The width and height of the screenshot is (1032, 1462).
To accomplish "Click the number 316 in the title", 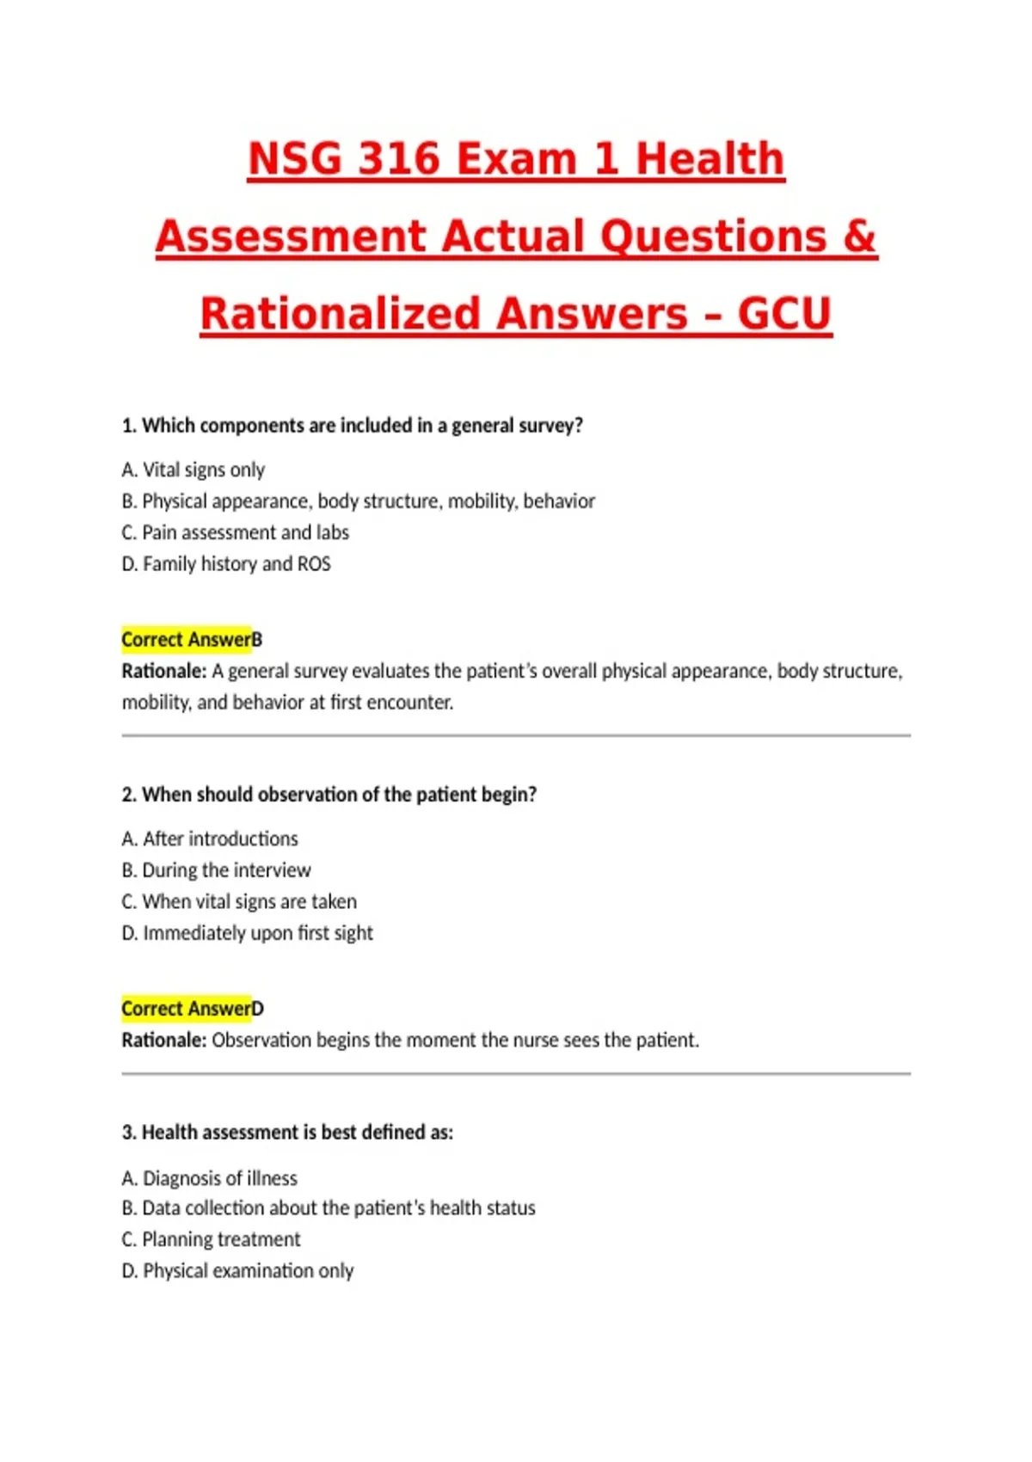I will pyautogui.click(x=398, y=159).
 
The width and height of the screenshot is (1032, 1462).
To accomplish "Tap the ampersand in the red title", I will pyautogui.click(x=859, y=236).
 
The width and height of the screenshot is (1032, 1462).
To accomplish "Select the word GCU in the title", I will pyautogui.click(x=784, y=314).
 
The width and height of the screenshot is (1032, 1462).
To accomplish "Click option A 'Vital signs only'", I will pyautogui.click(x=193, y=470).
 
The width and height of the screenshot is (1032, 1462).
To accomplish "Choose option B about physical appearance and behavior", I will pyautogui.click(x=359, y=501).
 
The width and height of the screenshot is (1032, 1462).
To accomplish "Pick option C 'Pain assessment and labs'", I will pyautogui.click(x=236, y=532).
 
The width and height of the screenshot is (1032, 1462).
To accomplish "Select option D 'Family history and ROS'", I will pyautogui.click(x=226, y=563).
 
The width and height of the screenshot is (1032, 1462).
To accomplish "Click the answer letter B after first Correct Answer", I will pyautogui.click(x=257, y=640).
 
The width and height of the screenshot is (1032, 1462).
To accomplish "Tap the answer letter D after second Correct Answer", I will pyautogui.click(x=258, y=1009).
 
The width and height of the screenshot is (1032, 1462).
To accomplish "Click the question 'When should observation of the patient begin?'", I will pyautogui.click(x=329, y=794).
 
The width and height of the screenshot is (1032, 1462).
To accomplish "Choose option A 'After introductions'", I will pyautogui.click(x=210, y=838).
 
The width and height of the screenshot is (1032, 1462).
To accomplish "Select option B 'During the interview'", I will pyautogui.click(x=217, y=869).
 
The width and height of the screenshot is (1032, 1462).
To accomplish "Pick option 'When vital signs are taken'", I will pyautogui.click(x=239, y=901).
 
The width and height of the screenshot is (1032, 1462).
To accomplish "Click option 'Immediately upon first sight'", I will pyautogui.click(x=248, y=932).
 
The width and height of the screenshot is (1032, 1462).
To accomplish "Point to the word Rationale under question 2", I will pyautogui.click(x=163, y=1040).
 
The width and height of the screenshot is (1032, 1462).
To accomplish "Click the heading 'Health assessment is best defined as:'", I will pyautogui.click(x=287, y=1132).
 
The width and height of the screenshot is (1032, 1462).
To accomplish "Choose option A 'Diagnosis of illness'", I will pyautogui.click(x=210, y=1177).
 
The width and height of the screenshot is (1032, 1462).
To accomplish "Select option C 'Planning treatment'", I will pyautogui.click(x=212, y=1239).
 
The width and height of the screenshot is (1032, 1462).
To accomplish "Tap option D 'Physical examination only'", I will pyautogui.click(x=237, y=1270).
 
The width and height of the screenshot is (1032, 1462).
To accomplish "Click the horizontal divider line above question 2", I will pyautogui.click(x=516, y=735).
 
